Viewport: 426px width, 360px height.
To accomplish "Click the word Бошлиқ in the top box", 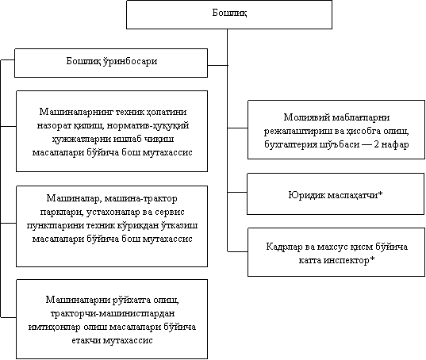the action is click(x=229, y=13).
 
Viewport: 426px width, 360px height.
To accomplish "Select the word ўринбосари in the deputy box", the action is click(x=130, y=61).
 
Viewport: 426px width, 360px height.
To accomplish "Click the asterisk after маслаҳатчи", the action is click(x=380, y=193).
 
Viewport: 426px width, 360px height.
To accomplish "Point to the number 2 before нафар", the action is click(x=377, y=144).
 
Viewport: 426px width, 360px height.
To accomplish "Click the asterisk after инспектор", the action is click(x=372, y=259).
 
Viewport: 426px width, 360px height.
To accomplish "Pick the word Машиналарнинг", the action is click(x=76, y=112).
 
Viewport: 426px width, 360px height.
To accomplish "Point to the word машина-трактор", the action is click(x=140, y=199).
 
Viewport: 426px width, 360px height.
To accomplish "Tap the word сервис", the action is click(x=170, y=213).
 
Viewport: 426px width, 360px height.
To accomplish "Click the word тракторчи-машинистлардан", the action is click(x=113, y=314).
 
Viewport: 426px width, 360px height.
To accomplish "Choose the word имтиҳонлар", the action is click(x=54, y=327).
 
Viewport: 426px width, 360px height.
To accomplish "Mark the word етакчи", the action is click(x=86, y=341).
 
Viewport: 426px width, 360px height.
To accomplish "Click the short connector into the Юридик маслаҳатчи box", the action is click(x=237, y=192).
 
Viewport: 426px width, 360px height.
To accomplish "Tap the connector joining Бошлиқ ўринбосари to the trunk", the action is click(x=217, y=65).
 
